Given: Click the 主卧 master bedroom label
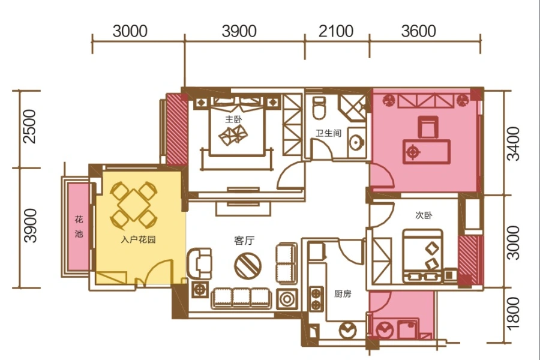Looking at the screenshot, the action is (233, 119).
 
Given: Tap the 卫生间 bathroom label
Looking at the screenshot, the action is (329, 133).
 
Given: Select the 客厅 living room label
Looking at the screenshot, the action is (245, 240).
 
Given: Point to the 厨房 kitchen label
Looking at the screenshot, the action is (343, 294).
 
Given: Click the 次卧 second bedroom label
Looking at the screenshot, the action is (424, 215).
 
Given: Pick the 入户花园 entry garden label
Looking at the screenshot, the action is (139, 239).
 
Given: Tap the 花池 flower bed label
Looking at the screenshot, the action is (79, 226).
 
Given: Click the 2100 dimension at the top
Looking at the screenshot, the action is (336, 31).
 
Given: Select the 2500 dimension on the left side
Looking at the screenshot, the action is (29, 127).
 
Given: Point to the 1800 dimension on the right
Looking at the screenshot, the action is (513, 313).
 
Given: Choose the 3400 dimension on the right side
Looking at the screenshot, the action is (514, 143).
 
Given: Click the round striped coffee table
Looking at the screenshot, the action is (248, 266).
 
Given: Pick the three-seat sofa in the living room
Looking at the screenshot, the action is (241, 298).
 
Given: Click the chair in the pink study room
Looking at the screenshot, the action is (428, 127).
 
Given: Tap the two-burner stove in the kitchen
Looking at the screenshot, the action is (316, 299).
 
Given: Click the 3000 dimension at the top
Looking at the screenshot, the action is (130, 31).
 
